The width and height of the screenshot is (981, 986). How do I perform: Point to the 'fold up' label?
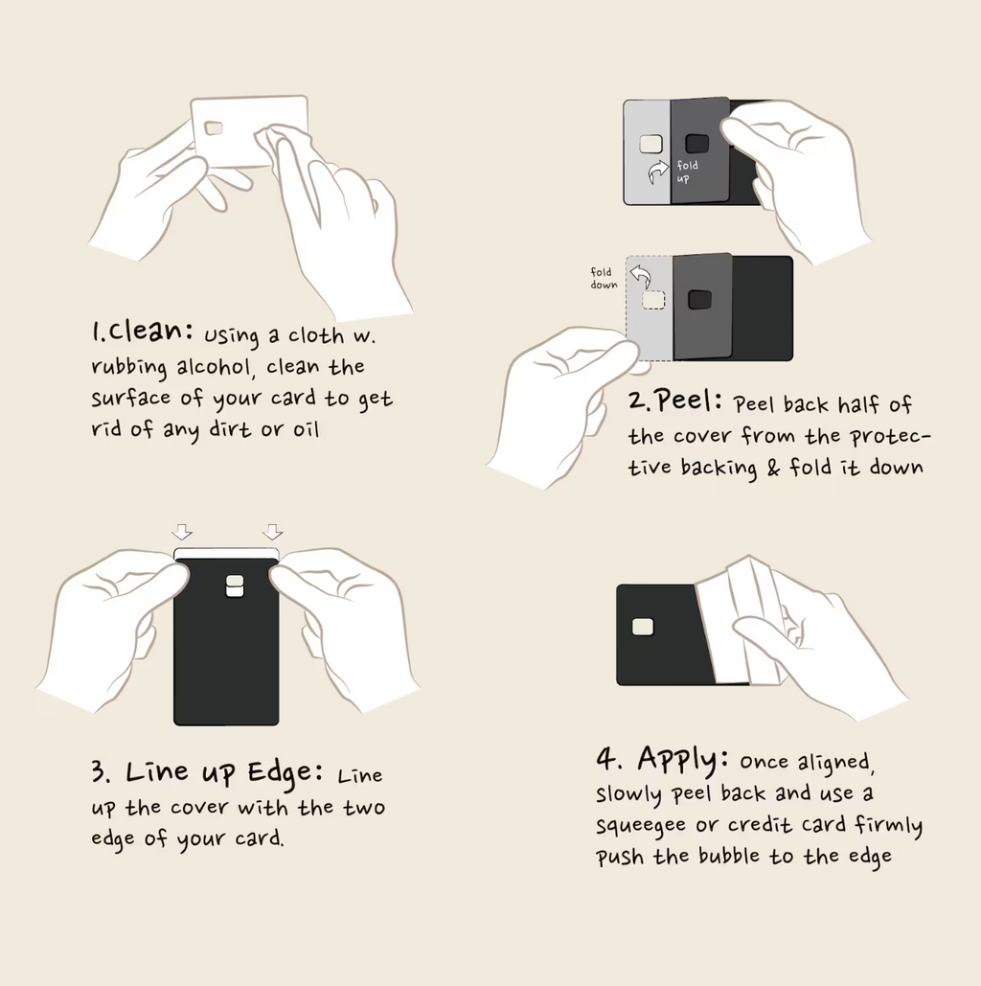[687, 172]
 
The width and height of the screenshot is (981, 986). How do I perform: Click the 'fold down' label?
[604, 278]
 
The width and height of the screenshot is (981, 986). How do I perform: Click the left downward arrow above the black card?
[182, 532]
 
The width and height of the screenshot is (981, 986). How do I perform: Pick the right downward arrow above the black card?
[272, 532]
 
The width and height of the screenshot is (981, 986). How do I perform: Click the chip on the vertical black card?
[235, 585]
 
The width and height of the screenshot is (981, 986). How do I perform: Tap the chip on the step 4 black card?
[643, 627]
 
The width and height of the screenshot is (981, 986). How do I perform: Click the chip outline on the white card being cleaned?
[214, 128]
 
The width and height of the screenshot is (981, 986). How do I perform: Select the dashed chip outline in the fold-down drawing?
[653, 301]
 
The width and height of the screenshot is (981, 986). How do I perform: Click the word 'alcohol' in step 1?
[214, 366]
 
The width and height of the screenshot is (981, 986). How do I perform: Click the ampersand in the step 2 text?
[773, 468]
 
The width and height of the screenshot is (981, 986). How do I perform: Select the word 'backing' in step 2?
[719, 468]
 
